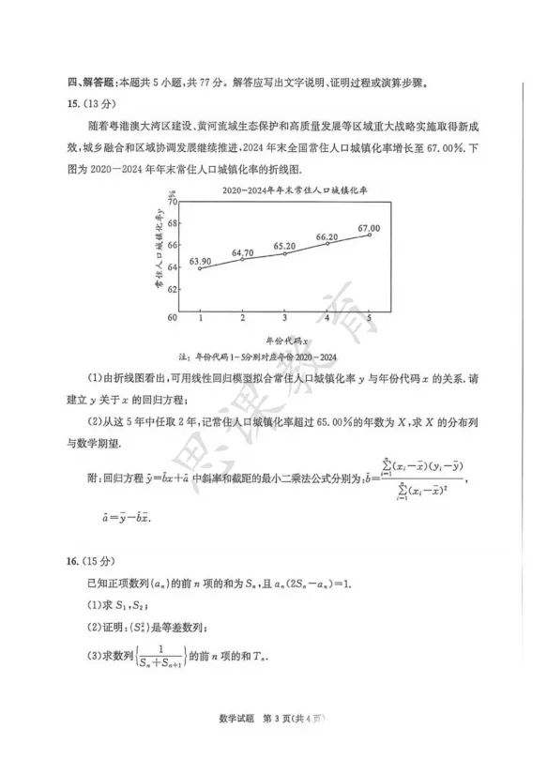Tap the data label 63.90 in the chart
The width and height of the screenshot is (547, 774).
point(202,260)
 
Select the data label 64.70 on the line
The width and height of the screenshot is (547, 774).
point(243,251)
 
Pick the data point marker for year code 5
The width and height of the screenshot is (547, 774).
point(370,235)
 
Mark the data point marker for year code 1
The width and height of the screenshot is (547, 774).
point(200,269)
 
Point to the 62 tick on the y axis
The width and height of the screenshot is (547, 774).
point(173,290)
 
